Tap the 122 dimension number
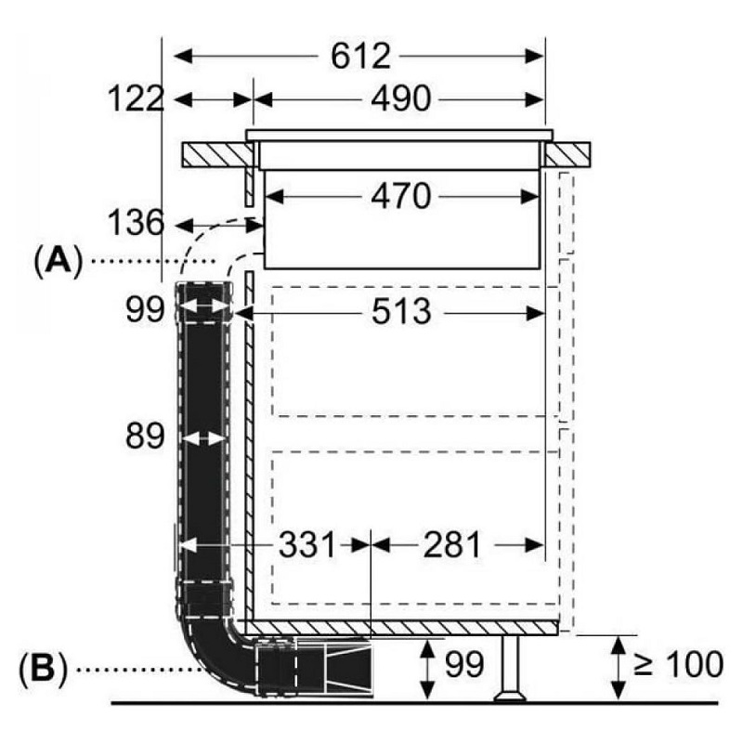[136, 98]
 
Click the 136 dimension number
[136, 224]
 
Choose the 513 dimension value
[398, 312]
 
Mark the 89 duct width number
[145, 436]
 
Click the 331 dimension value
[307, 545]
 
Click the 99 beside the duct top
[145, 308]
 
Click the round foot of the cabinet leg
[510, 694]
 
